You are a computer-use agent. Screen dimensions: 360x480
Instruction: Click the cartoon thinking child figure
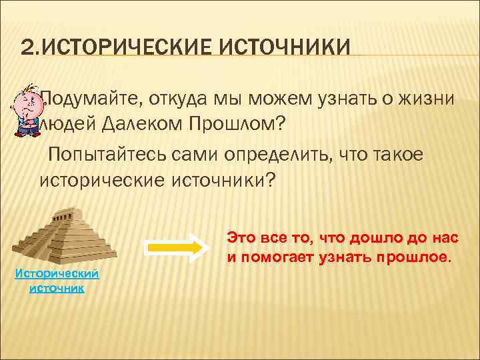[x=26, y=109]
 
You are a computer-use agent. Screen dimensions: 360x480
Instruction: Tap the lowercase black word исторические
[x=103, y=179]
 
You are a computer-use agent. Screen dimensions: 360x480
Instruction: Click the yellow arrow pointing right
[x=174, y=247]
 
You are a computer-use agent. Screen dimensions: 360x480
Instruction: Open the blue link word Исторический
[x=57, y=274]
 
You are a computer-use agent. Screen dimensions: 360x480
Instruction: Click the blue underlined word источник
[x=57, y=288]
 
